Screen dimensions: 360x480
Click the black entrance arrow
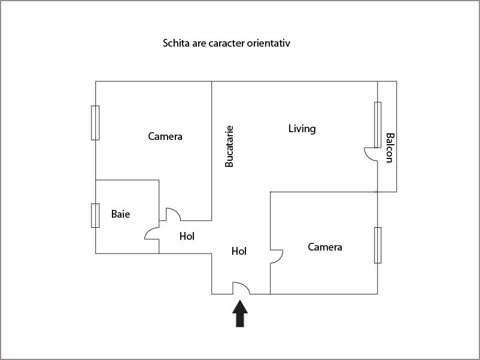pyautogui.click(x=240, y=313)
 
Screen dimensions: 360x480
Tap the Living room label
pyautogui.click(x=302, y=129)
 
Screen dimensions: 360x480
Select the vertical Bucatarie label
pyautogui.click(x=229, y=145)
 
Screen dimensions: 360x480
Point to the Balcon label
pyautogui.click(x=390, y=147)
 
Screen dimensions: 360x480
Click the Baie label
pyautogui.click(x=120, y=214)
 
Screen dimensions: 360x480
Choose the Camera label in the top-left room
pyautogui.click(x=165, y=136)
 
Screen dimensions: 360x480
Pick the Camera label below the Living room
pyautogui.click(x=325, y=247)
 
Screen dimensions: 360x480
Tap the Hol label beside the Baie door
pyautogui.click(x=187, y=236)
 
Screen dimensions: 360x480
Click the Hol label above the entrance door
pyautogui.click(x=239, y=251)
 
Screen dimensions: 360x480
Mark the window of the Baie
pyautogui.click(x=95, y=215)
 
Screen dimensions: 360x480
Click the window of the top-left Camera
pyautogui.click(x=95, y=123)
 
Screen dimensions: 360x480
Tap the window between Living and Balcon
pyautogui.click(x=378, y=124)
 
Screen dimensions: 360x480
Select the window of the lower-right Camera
pyautogui.click(x=378, y=245)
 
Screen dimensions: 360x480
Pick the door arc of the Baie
pyautogui.click(x=152, y=233)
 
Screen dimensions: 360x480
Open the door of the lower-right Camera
pyautogui.click(x=277, y=256)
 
